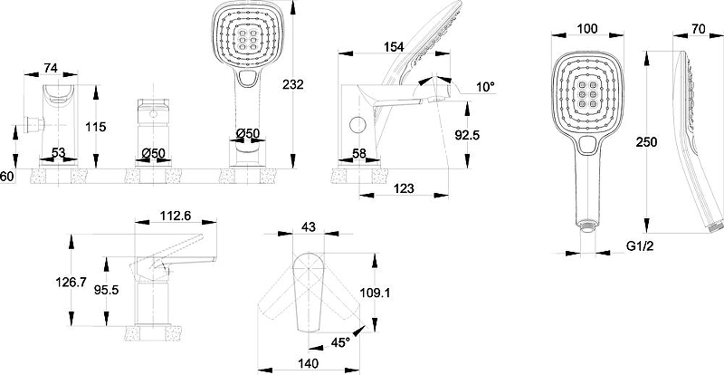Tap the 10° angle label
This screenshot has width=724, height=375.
coord(485,87)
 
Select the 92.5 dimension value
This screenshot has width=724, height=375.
coord(468,136)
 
